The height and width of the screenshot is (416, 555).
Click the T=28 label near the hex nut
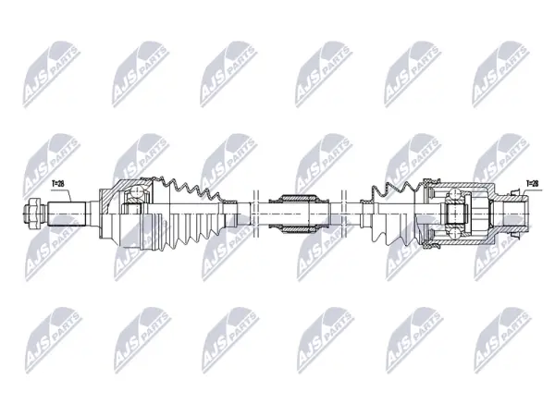click(x=57, y=184)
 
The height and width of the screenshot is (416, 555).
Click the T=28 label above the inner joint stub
click(x=533, y=183)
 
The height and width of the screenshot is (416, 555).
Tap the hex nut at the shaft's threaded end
click(x=33, y=214)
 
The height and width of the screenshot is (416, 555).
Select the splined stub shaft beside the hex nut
click(x=67, y=214)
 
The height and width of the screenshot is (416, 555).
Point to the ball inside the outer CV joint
click(x=136, y=193)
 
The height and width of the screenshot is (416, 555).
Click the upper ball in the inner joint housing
click(x=454, y=194)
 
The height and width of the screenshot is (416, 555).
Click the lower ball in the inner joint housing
click(x=454, y=234)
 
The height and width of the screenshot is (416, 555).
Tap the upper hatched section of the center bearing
click(x=297, y=198)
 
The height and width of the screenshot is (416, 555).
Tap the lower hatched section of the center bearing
click(x=297, y=230)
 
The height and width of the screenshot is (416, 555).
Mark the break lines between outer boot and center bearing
click(x=256, y=214)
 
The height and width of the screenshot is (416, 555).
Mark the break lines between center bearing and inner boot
click(x=344, y=214)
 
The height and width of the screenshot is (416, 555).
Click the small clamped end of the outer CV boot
click(x=228, y=214)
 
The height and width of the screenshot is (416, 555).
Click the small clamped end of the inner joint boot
click(x=366, y=214)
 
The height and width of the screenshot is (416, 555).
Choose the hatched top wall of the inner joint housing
click(x=460, y=186)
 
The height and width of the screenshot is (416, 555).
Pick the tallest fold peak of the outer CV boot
click(x=174, y=181)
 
